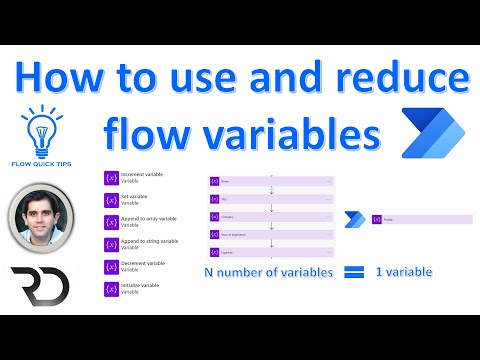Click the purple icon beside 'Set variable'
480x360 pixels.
pos(111,199)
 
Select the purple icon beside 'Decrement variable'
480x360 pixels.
pos(111,267)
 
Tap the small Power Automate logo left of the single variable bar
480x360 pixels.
pos(353,219)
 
